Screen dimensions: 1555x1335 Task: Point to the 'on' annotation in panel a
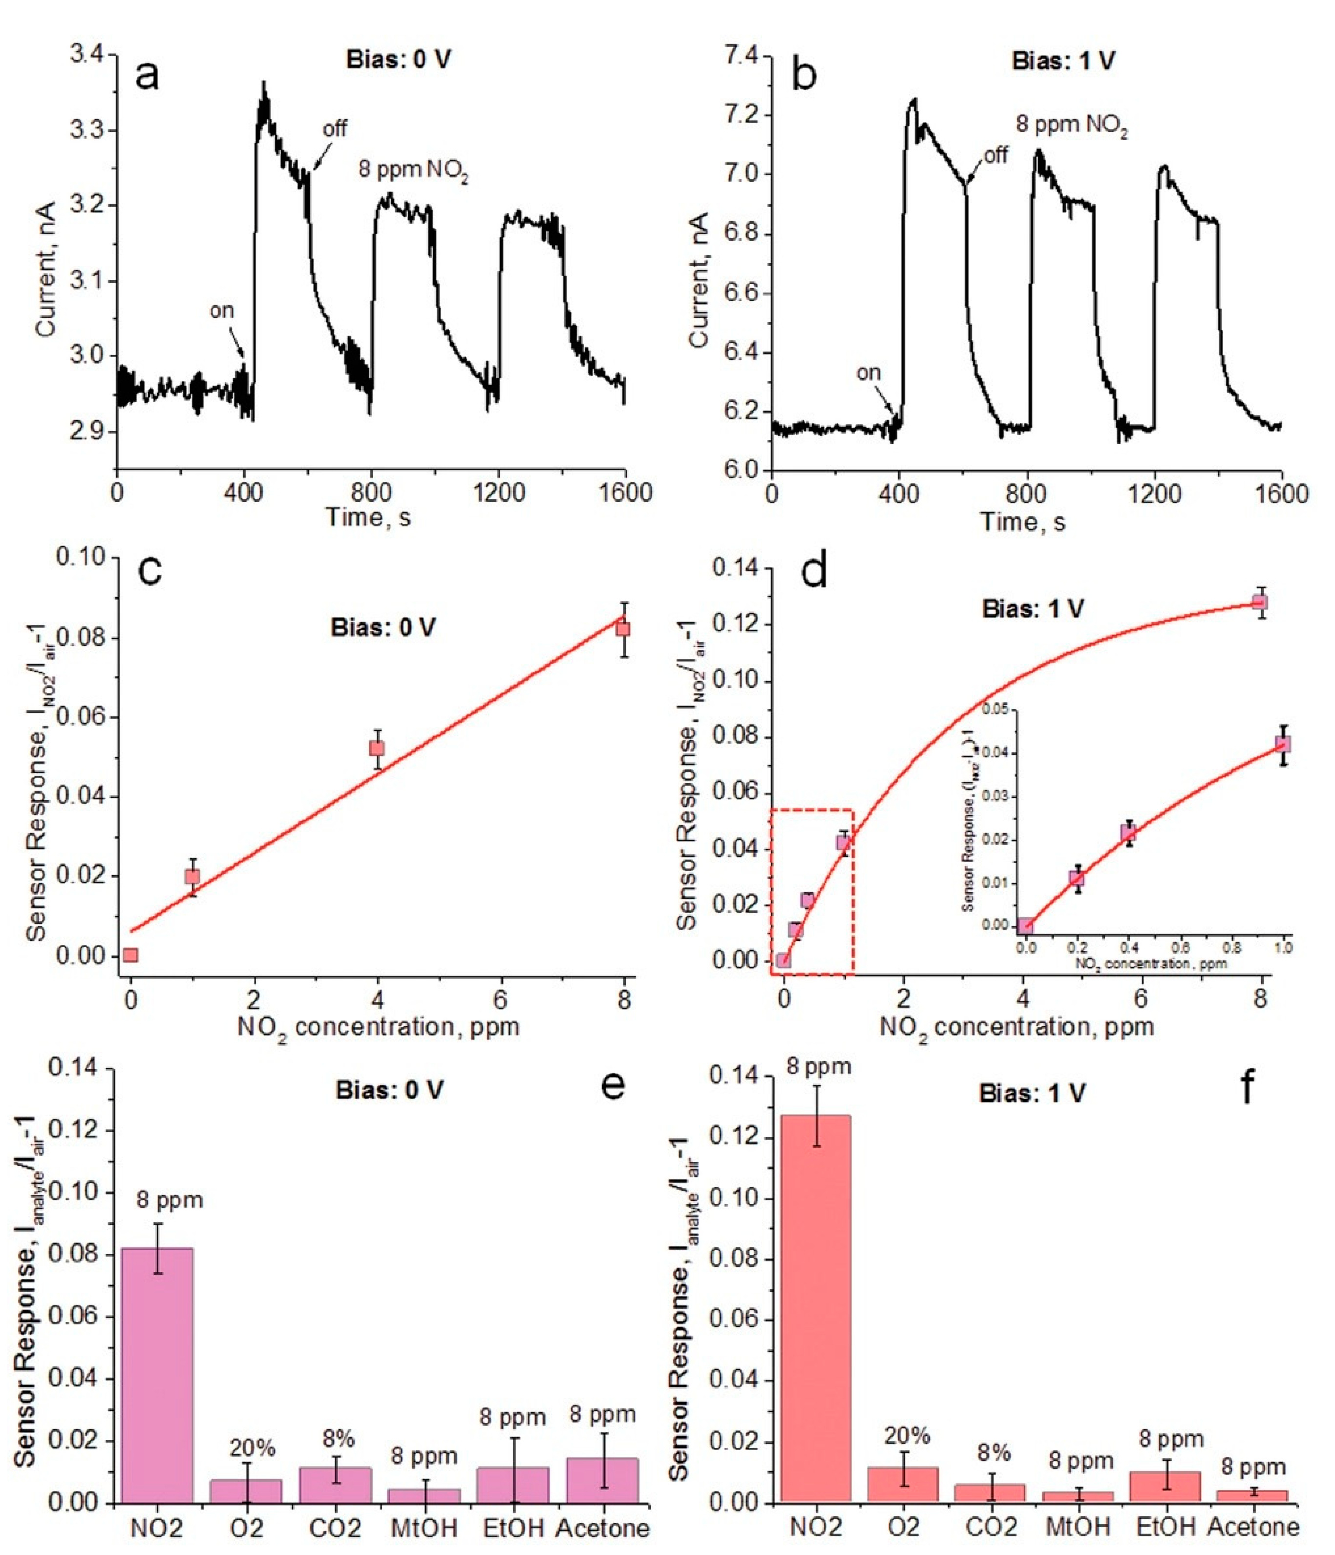[221, 310]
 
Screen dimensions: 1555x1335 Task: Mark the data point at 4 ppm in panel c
[377, 748]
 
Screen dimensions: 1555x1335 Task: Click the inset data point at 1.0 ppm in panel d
[1283, 744]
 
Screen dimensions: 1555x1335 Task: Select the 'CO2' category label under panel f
[991, 1527]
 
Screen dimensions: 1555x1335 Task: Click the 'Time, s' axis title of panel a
[368, 518]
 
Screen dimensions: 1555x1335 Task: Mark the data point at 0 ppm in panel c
[130, 955]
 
